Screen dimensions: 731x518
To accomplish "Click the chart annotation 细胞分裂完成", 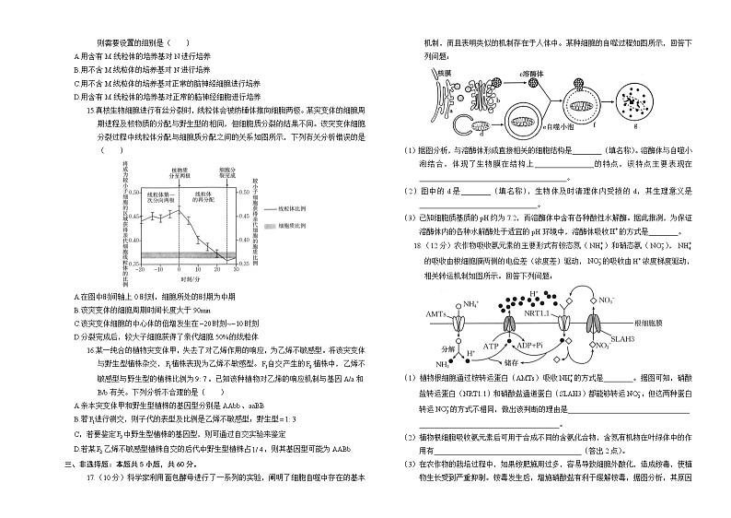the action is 227,171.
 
